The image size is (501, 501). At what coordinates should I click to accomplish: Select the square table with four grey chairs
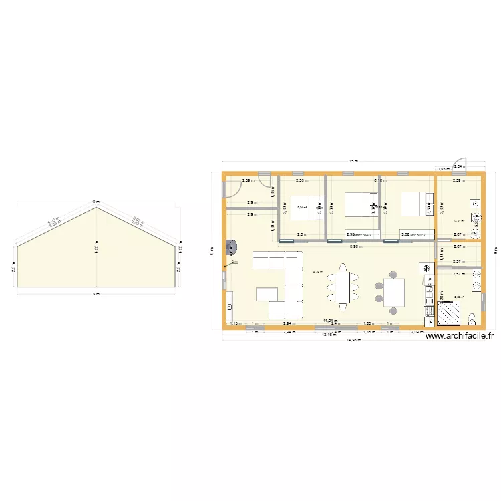coord(393,291)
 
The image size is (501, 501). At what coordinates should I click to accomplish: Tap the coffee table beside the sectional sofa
coord(267,294)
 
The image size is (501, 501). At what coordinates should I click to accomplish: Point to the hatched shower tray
coord(448,312)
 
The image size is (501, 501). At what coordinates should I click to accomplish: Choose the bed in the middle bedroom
coord(361,204)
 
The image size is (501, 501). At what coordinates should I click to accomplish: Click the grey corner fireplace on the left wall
coord(230,248)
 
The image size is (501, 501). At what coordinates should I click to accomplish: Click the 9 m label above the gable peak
coord(97,201)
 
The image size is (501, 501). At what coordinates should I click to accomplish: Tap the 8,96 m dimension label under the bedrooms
coord(356,246)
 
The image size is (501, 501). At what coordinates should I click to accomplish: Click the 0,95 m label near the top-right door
coord(442,169)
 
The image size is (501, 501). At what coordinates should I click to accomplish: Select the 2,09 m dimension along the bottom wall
coord(417,332)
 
